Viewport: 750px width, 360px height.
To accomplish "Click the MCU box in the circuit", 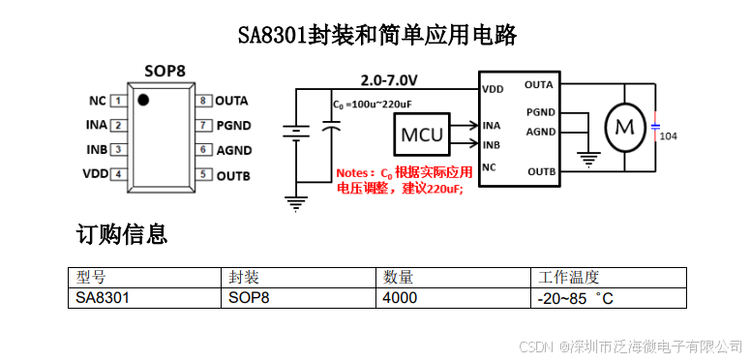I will [x=422, y=135].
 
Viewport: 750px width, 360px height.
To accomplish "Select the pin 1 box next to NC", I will [x=118, y=101].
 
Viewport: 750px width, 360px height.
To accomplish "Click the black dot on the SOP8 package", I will [x=142, y=100].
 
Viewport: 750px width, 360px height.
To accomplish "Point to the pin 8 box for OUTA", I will [x=203, y=101].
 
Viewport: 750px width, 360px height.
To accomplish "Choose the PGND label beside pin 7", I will [x=233, y=125].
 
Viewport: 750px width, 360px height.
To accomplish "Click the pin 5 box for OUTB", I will [x=203, y=175].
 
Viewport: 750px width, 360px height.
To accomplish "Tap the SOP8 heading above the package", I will [x=165, y=71].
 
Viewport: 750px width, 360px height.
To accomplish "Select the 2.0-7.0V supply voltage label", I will [x=389, y=78].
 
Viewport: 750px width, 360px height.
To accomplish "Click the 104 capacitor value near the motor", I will [x=668, y=136].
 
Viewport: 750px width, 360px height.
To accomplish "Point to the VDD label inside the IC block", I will [x=493, y=89].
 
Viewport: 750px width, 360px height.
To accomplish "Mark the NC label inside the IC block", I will [x=490, y=167].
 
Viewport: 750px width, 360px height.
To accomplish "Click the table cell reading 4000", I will [x=400, y=298].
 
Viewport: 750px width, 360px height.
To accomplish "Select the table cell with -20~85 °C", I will [x=575, y=298].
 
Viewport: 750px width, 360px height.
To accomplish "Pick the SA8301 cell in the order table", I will [x=103, y=298].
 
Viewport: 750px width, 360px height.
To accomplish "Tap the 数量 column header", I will [x=399, y=277].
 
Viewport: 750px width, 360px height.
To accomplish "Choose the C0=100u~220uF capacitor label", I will [x=373, y=103].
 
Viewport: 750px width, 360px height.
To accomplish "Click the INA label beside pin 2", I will [x=96, y=125].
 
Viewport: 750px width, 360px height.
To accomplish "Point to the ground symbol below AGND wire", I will [x=586, y=158].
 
